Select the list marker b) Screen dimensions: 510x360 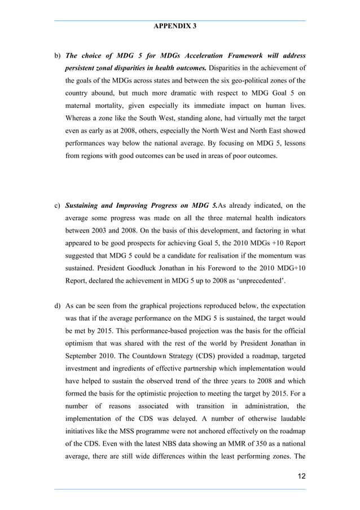(x=57, y=56)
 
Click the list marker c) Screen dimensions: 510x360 (x=57, y=205)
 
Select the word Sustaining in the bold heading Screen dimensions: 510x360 (x=86, y=205)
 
